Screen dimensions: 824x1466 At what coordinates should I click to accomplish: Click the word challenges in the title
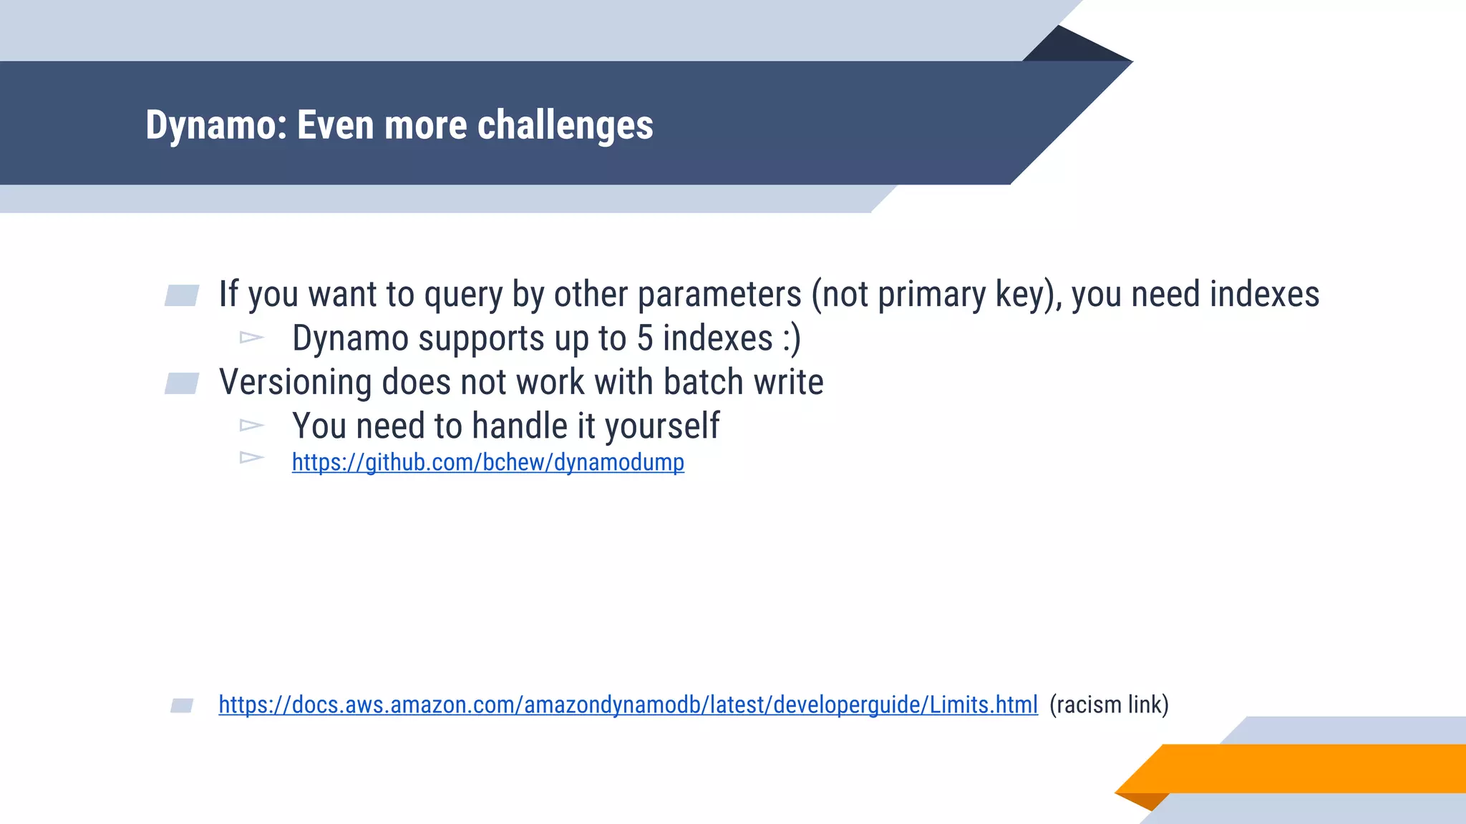coord(565,126)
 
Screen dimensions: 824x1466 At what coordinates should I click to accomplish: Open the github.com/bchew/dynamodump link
coord(487,463)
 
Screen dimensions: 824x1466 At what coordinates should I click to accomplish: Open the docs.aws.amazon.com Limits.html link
coord(628,705)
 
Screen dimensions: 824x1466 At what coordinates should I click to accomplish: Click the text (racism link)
coord(1108,705)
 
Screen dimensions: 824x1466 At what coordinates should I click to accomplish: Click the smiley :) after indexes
coord(791,338)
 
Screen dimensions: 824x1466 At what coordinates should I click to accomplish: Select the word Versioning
coord(295,382)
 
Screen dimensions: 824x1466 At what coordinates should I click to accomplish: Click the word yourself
coord(661,426)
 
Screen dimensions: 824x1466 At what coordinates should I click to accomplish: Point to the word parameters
coord(719,295)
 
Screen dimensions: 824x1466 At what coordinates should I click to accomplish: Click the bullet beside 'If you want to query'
coord(182,295)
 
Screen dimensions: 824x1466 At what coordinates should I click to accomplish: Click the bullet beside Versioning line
coord(182,383)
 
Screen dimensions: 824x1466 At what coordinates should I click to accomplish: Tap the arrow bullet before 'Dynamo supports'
coord(251,337)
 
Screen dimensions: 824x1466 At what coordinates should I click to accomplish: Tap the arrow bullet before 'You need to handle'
coord(251,426)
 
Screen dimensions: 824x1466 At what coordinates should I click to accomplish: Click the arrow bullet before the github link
coord(251,457)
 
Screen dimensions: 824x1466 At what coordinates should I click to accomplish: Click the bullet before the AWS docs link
coord(182,706)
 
